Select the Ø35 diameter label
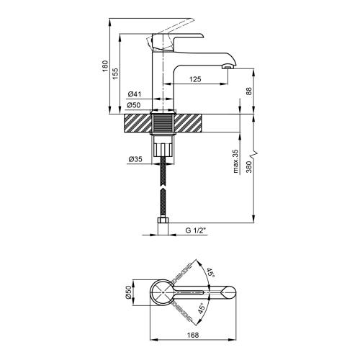click(134, 160)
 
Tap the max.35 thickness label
click(235, 163)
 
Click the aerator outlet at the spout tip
click(228, 68)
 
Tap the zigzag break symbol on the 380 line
click(253, 155)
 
